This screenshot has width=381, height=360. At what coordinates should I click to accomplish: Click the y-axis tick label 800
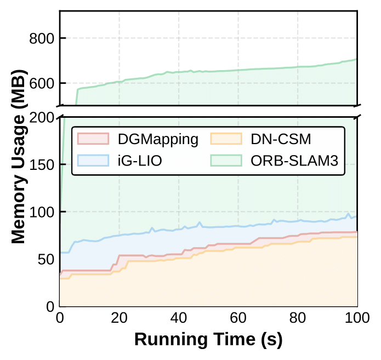[42, 38]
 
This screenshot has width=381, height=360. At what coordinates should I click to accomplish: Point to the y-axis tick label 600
[42, 83]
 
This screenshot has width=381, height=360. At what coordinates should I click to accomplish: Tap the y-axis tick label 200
[42, 118]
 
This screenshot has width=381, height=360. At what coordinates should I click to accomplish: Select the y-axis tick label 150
[42, 165]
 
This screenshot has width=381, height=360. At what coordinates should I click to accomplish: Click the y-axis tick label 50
[46, 259]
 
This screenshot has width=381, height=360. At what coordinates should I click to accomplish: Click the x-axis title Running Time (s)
[208, 339]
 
